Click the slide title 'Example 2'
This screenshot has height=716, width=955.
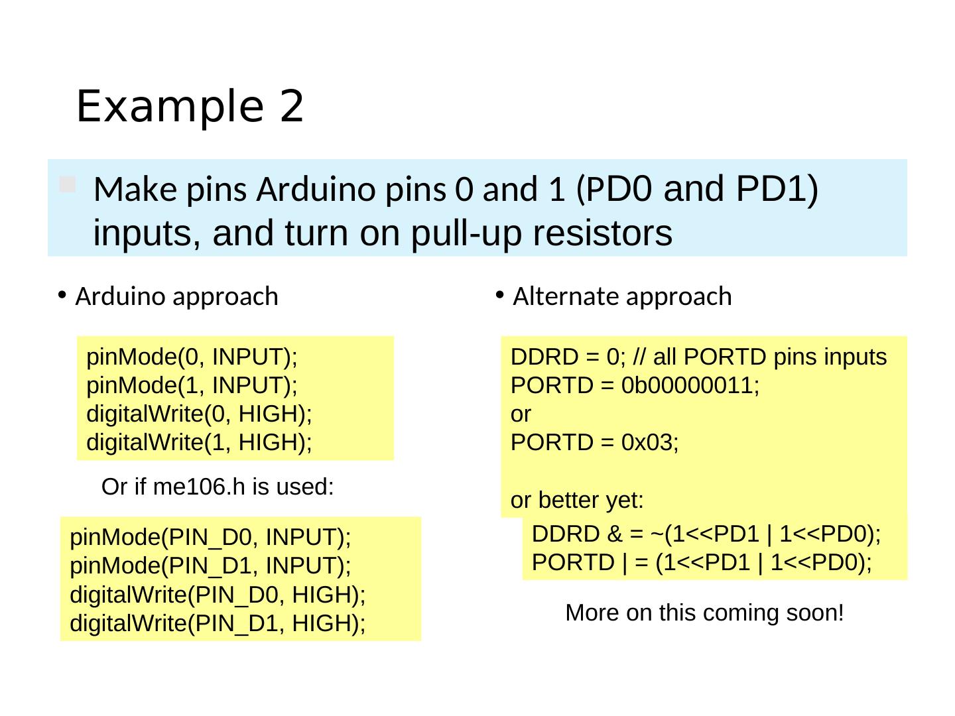190,106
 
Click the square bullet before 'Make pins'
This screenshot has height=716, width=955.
67,185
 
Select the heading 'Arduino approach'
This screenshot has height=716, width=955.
176,296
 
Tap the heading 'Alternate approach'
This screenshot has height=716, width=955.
622,296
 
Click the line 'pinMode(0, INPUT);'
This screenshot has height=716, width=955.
192,357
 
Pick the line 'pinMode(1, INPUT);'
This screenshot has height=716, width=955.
192,385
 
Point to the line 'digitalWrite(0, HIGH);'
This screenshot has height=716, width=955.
200,414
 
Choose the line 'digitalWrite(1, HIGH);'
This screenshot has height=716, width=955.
200,442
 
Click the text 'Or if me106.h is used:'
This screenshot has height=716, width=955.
217,487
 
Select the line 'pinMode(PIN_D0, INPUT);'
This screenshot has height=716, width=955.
210,536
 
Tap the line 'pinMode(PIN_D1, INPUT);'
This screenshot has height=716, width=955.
210,566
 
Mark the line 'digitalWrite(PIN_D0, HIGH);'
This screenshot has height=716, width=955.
218,595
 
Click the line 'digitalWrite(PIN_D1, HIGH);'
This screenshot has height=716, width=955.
218,623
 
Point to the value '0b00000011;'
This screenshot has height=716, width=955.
690,385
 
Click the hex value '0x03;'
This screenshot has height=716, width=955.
650,442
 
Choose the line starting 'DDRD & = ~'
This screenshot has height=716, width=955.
706,534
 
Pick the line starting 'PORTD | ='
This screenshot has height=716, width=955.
702,562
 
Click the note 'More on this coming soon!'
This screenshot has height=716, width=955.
704,613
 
